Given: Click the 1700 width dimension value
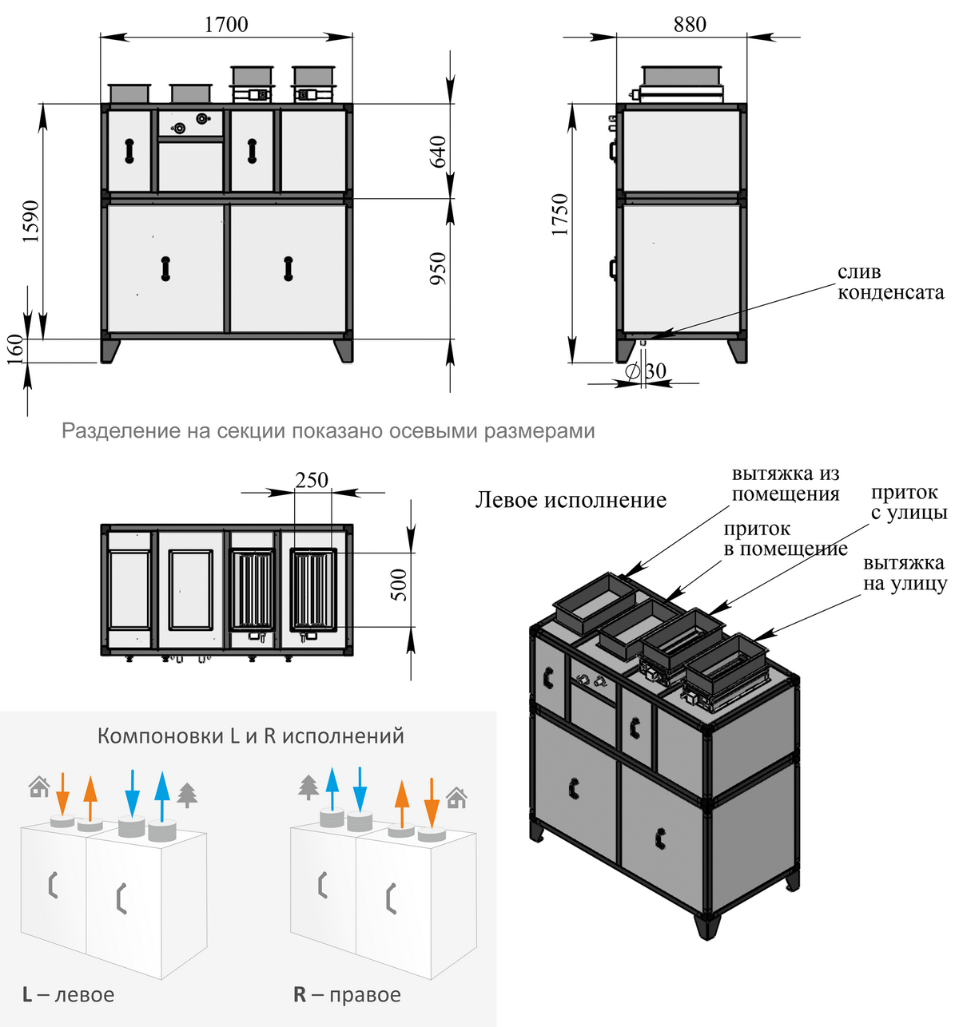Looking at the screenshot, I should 226,24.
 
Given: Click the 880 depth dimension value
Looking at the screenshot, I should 689,25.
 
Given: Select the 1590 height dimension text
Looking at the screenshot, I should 30,221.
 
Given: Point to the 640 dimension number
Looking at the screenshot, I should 439,152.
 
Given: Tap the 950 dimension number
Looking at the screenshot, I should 439,269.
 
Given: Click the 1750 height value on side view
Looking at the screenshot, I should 559,214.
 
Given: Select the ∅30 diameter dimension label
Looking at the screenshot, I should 646,371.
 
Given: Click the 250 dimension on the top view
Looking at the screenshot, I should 312,480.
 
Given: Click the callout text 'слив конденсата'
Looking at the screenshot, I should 890,283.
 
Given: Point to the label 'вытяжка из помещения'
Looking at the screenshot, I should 786,484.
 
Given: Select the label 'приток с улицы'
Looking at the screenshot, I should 909,502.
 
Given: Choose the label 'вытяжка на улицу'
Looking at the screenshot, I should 904,573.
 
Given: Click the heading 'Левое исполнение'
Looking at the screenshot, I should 571,500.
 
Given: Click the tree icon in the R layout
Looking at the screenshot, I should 308,787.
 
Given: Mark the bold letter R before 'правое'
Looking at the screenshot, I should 300,994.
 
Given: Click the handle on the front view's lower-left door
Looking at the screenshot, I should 165,268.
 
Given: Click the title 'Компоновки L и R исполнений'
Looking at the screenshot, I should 250,736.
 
